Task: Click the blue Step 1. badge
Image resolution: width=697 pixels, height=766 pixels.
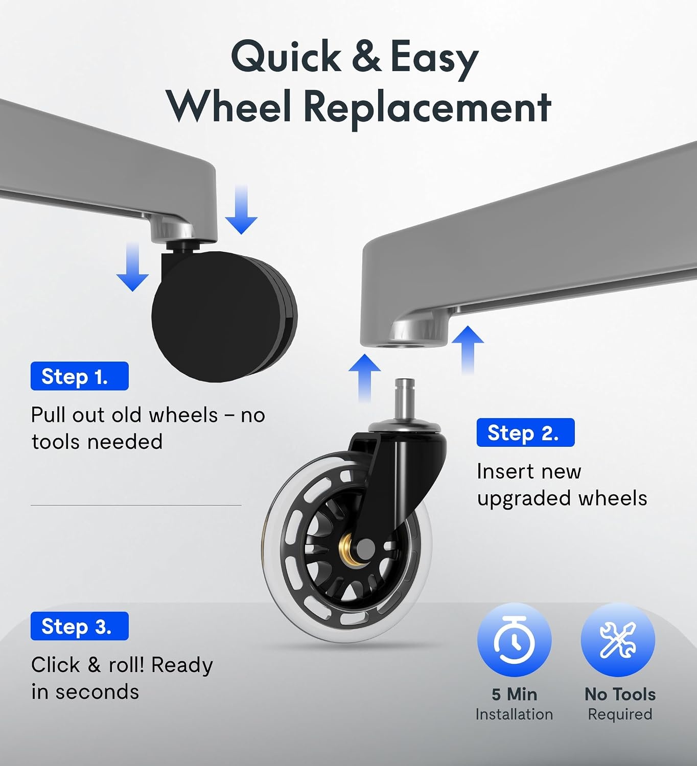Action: (80, 376)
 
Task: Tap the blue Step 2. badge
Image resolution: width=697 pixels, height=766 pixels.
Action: (525, 432)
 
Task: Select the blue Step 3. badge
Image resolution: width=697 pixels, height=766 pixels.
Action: (80, 626)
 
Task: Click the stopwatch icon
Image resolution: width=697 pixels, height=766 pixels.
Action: (515, 639)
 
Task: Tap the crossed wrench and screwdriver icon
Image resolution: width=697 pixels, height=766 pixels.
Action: (618, 639)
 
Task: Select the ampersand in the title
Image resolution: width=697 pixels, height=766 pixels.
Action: (366, 57)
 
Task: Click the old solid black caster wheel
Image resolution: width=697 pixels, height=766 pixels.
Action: (224, 316)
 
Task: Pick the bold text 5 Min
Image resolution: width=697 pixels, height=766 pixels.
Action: (515, 695)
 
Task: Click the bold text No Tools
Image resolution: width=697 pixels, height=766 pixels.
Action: (620, 695)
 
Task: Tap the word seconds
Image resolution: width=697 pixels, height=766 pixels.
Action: (97, 692)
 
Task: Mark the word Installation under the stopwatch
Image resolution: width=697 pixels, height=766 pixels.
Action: (515, 714)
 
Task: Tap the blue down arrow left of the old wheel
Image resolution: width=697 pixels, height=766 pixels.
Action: (132, 267)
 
